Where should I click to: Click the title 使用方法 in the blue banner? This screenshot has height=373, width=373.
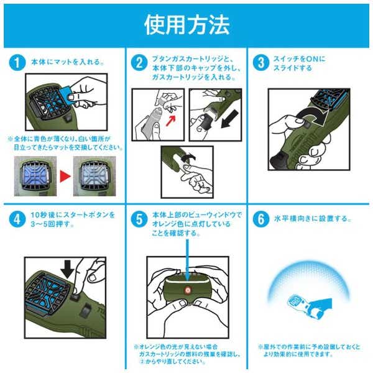186,25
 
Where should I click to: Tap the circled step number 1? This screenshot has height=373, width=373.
17,63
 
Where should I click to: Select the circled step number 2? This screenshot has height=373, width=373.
139,63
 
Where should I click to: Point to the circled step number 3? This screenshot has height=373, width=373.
261,63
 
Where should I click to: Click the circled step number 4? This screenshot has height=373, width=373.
17,219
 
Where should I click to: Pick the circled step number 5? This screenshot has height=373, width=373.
139,219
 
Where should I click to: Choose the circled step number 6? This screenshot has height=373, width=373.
261,219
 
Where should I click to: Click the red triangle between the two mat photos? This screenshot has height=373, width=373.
65,177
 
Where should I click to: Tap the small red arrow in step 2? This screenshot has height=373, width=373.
170,120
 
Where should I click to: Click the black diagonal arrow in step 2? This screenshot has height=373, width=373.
229,119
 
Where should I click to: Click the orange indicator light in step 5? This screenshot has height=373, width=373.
187,290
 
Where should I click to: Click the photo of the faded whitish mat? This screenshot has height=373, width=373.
94,176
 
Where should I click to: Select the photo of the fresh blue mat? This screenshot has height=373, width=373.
35,176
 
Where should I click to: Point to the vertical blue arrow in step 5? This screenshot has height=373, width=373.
187,260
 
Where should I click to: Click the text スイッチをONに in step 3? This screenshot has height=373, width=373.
299,59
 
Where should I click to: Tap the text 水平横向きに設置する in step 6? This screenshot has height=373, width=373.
312,219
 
